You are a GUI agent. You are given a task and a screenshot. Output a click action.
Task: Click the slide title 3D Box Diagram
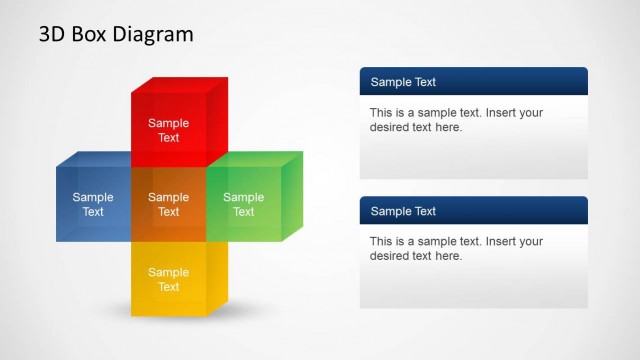coord(116,34)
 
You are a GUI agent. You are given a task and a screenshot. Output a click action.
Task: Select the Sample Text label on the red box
coord(168,130)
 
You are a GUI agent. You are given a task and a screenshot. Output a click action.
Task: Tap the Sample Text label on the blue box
coord(93,204)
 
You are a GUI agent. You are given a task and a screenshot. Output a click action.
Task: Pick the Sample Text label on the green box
coord(243,204)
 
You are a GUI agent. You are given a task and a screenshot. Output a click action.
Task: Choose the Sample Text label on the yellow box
coord(168,279)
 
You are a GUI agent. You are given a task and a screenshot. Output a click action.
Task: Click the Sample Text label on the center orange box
coord(168,204)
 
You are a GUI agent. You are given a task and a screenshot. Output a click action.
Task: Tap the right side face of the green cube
coord(291,195)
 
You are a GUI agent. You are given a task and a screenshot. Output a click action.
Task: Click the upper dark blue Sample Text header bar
coord(473,82)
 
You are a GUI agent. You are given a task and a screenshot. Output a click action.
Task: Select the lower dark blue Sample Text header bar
coord(473,211)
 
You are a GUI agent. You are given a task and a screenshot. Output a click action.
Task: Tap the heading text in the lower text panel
coord(403,211)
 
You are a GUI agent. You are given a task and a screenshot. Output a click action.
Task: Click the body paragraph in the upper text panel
coord(456,120)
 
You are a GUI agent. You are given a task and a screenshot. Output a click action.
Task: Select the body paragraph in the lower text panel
coord(456,249)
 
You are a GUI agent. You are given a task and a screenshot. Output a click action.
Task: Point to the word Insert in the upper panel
coord(500,113)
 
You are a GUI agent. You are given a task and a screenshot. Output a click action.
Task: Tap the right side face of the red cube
coord(218,120)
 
